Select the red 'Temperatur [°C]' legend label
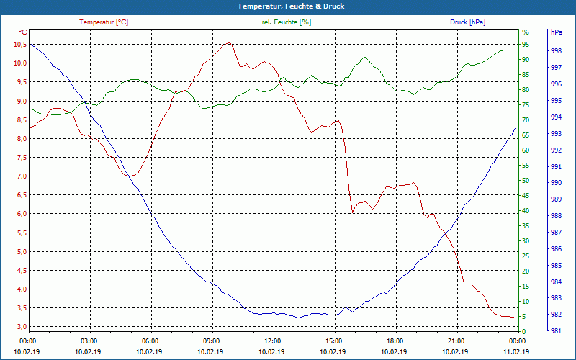[104, 22]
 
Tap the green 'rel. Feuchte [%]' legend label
[287, 22]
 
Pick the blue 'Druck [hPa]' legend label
[467, 22]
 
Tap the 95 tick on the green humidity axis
[526, 45]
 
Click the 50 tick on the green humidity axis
[526, 181]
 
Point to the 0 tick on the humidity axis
[524, 332]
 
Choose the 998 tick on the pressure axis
[556, 51]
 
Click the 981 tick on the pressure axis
[556, 332]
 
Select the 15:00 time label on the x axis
[334, 341]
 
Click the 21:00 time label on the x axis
[456, 341]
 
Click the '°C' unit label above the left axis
[23, 32]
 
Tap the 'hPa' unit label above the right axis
[556, 32]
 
